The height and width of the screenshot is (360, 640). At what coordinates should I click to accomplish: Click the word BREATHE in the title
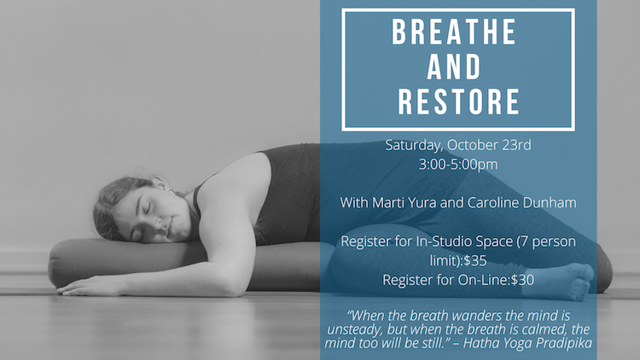click(455, 32)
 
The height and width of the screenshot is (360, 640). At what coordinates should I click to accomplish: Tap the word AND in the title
click(454, 67)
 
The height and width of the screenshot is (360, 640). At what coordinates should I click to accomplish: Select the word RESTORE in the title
click(458, 102)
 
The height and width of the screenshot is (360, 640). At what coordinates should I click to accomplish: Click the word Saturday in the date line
click(414, 145)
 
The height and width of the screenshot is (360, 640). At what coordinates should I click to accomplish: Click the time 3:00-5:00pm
click(458, 165)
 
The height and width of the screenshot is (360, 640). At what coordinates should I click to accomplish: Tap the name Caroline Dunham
click(521, 202)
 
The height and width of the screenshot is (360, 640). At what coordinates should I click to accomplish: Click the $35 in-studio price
click(475, 260)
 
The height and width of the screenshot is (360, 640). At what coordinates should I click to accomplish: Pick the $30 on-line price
click(522, 280)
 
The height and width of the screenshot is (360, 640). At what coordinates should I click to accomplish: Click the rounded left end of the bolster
click(55, 264)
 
